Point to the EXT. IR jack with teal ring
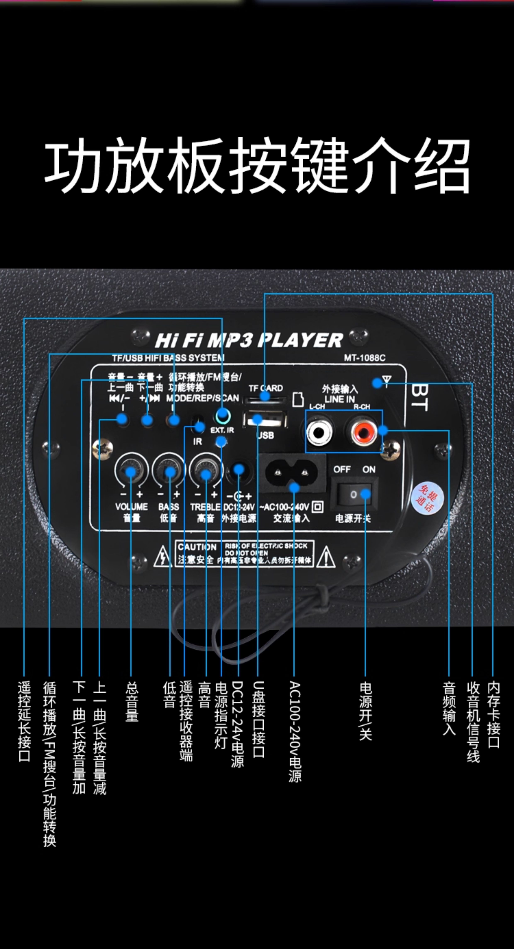(x=223, y=417)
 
